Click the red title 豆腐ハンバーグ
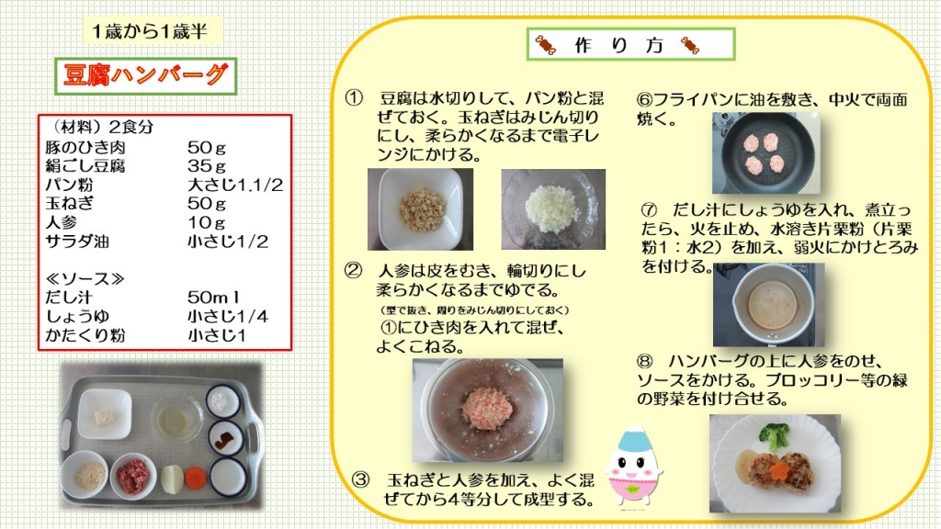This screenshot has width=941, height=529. (146, 75)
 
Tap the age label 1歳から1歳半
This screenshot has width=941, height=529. (150, 31)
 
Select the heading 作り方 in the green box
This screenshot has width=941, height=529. (618, 45)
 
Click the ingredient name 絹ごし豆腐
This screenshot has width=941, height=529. (85, 165)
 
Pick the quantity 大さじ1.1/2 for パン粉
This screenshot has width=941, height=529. (234, 185)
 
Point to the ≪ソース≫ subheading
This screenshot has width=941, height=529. (85, 279)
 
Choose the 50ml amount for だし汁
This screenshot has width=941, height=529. (213, 298)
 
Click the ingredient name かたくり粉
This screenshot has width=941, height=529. (85, 335)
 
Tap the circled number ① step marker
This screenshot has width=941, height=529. (354, 97)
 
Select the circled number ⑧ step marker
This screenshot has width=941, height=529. (645, 361)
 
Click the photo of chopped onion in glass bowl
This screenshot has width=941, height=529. (553, 208)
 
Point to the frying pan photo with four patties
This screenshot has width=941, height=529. (765, 152)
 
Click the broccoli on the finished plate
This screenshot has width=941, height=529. (774, 434)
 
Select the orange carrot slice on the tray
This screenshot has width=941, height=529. (195, 478)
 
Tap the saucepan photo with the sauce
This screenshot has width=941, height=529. (769, 305)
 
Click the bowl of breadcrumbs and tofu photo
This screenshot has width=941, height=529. (420, 209)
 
